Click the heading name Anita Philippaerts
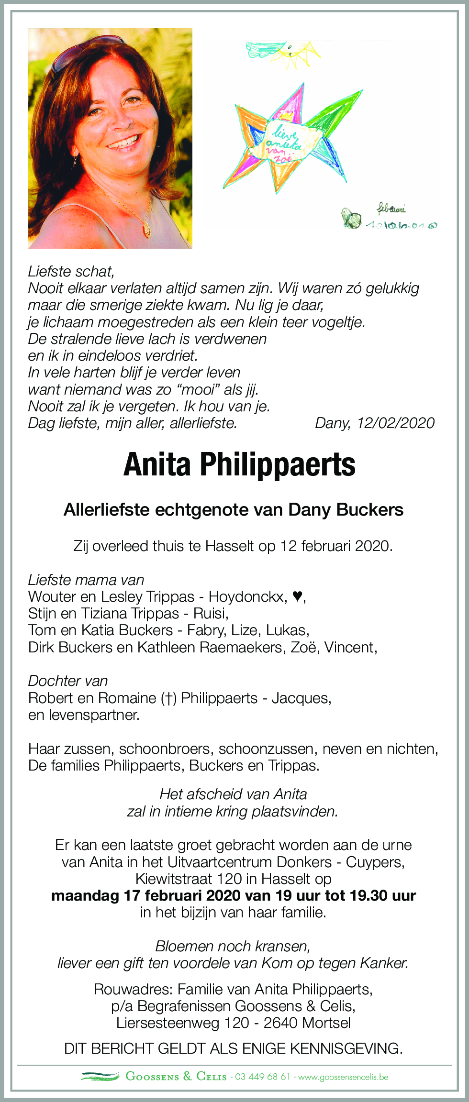click(239, 465)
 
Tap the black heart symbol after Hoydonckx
click(297, 596)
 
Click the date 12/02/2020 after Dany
click(395, 423)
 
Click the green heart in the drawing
click(353, 220)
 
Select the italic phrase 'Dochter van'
click(68, 681)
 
